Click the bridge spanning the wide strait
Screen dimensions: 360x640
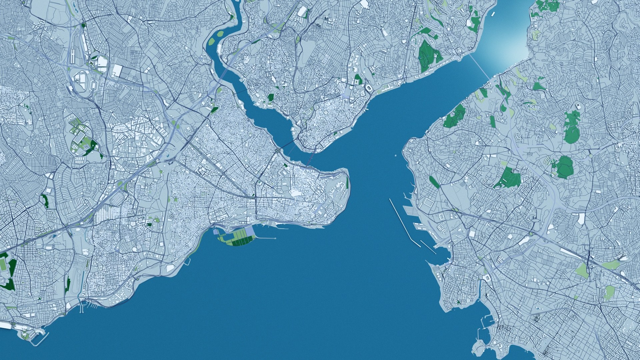479,67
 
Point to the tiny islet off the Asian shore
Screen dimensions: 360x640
395,155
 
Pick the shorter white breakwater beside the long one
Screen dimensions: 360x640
428,247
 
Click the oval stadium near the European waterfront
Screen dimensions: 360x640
369,89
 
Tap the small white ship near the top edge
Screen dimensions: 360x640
492,14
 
